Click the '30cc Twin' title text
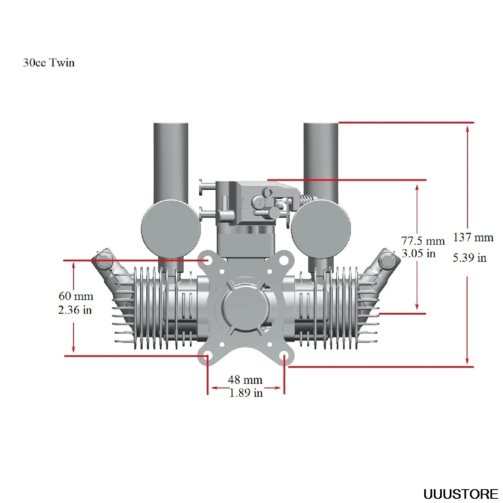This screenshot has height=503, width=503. click(x=49, y=63)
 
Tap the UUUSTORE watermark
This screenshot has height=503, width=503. click(x=461, y=494)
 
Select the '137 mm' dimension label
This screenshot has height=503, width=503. click(x=473, y=237)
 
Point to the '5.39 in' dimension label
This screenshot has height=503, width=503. click(x=469, y=258)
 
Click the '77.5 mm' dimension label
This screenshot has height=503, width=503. click(x=423, y=241)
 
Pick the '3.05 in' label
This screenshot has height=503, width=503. click(x=418, y=253)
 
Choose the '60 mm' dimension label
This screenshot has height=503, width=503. click(x=76, y=296)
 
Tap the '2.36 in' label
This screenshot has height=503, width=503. click(x=75, y=310)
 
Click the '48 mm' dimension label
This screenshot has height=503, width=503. click(x=245, y=380)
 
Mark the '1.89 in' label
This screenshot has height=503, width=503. click(x=246, y=393)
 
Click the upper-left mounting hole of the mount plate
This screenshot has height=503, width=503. click(x=207, y=260)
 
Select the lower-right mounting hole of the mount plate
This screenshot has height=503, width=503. click(x=284, y=357)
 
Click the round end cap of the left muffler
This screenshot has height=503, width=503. click(x=171, y=229)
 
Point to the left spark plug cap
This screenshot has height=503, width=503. click(x=104, y=261)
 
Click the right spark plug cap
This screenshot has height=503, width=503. click(x=386, y=260)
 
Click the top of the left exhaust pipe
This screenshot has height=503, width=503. click(x=171, y=125)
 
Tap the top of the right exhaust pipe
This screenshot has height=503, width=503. click(x=321, y=125)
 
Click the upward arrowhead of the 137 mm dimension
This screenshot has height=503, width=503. click(x=468, y=128)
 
